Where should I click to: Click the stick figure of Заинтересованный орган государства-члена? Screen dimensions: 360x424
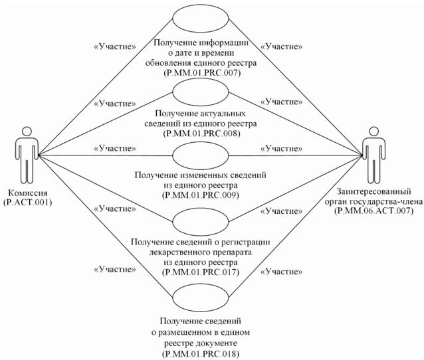pyautogui.click(x=373, y=157)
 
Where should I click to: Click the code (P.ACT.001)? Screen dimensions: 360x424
pyautogui.click(x=29, y=200)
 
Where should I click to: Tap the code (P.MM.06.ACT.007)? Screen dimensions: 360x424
pyautogui.click(x=373, y=211)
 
